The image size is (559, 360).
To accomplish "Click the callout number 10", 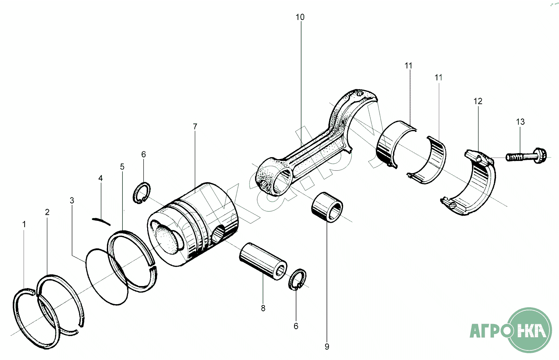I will tap(300, 17).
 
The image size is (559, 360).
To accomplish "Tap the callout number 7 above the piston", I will tap(195, 127).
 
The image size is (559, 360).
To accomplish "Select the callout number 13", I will tap(520, 122).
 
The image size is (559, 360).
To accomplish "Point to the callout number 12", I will tap(478, 101).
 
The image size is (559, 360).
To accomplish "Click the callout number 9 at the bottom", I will tap(327, 347).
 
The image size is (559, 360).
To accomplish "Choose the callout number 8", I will tap(263, 308).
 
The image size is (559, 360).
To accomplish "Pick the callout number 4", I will tap(100, 178).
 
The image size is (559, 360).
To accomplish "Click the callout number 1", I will tap(24, 224).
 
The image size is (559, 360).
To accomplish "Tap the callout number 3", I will tap(72, 200).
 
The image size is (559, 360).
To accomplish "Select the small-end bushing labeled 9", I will tap(327, 207).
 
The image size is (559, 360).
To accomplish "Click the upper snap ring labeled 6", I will tap(142, 194).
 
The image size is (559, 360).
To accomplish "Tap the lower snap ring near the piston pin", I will tap(297, 280).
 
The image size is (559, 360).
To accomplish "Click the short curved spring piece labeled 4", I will tap(102, 221).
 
